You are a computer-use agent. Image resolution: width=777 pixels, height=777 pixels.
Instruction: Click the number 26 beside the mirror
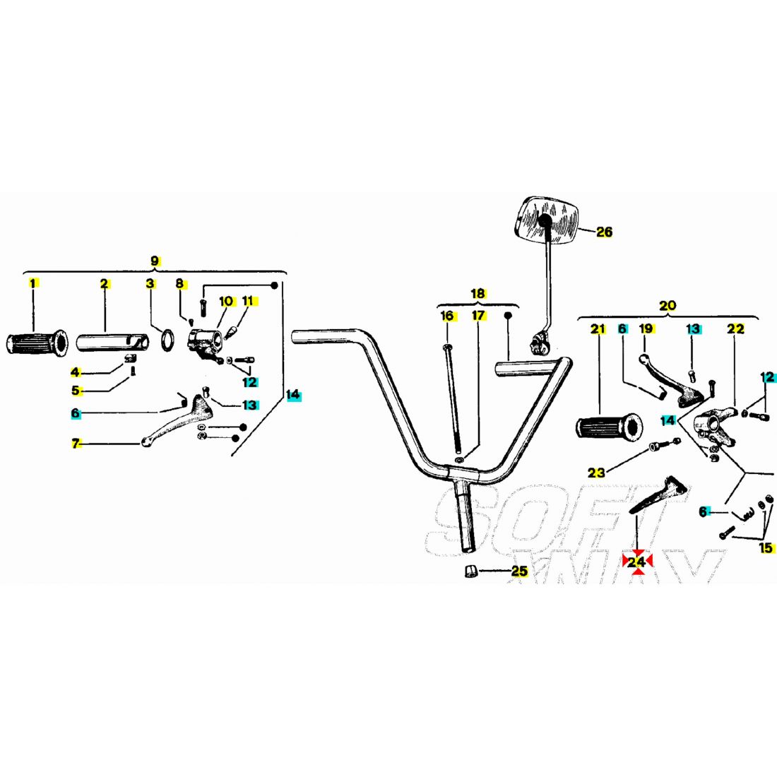pyautogui.click(x=604, y=232)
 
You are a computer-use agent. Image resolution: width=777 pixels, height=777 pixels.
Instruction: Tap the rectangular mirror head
pyautogui.click(x=547, y=220)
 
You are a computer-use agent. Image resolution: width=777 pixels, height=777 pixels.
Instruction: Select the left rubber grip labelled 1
pyautogui.click(x=36, y=343)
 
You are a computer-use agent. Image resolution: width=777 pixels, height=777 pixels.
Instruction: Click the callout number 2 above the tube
pyautogui.click(x=104, y=284)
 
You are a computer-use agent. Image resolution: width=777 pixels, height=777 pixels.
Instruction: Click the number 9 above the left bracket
pyautogui.click(x=155, y=261)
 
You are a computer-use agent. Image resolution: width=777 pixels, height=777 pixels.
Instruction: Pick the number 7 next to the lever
pyautogui.click(x=76, y=444)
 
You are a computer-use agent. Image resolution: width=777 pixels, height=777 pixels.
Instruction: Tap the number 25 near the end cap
pyautogui.click(x=519, y=571)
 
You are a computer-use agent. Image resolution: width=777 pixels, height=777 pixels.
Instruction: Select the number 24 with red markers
pyautogui.click(x=636, y=562)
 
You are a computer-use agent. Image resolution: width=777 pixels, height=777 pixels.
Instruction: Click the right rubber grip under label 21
pyautogui.click(x=607, y=427)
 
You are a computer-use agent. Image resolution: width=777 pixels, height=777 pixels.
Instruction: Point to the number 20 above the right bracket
pyautogui.click(x=667, y=306)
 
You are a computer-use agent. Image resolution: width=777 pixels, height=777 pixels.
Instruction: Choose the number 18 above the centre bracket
pyautogui.click(x=478, y=293)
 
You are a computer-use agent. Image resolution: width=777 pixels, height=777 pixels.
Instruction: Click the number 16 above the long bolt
pyautogui.click(x=447, y=316)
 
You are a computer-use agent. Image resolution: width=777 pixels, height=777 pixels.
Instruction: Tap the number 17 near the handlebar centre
pyautogui.click(x=479, y=316)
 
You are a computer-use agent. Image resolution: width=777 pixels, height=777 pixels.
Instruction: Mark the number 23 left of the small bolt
pyautogui.click(x=597, y=473)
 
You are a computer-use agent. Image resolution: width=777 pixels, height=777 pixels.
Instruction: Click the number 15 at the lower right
pyautogui.click(x=766, y=547)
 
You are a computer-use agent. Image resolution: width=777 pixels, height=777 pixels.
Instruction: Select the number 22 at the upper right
pyautogui.click(x=735, y=328)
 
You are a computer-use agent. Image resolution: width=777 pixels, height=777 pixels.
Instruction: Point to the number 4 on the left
pyautogui.click(x=76, y=372)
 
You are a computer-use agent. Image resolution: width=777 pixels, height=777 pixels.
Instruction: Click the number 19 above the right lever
pyautogui.click(x=646, y=328)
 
